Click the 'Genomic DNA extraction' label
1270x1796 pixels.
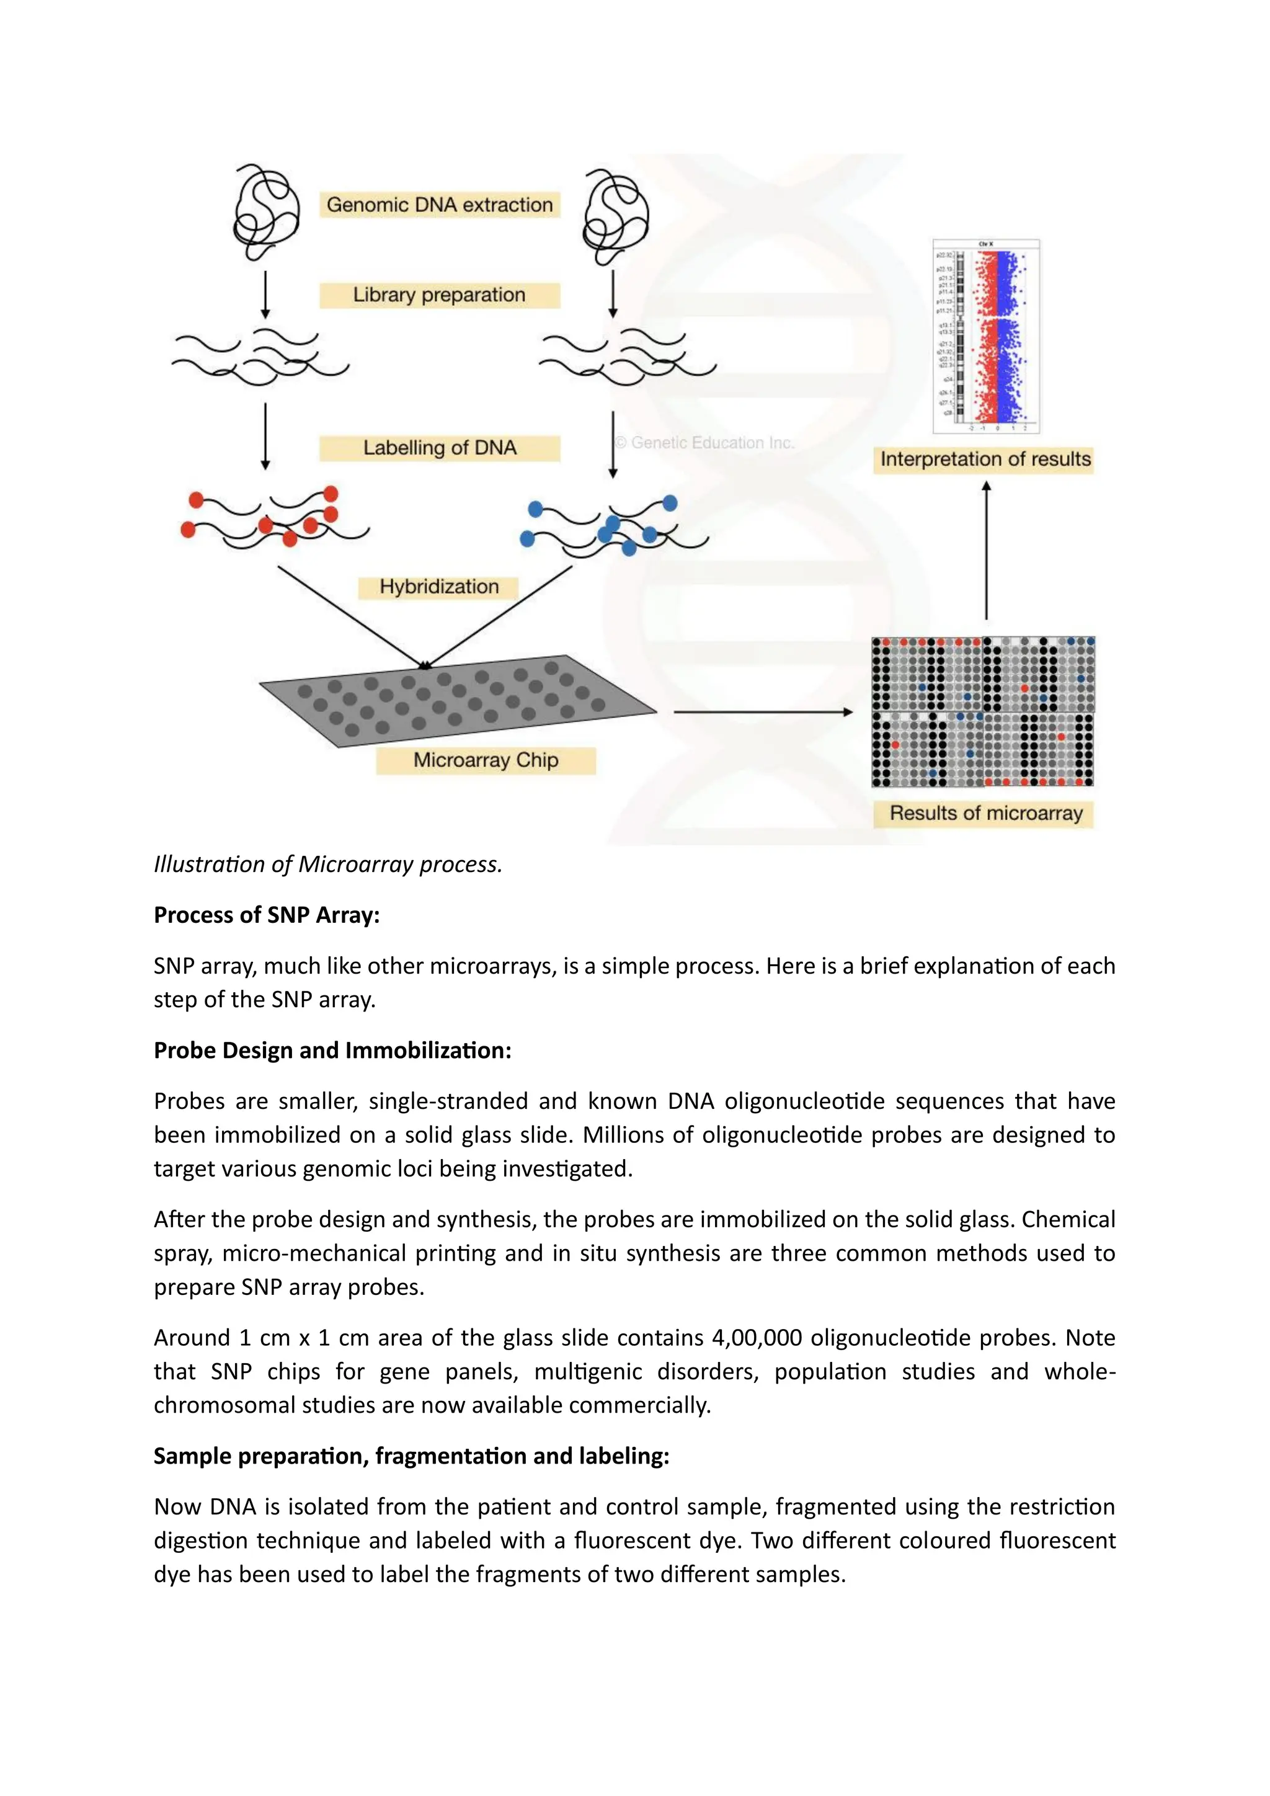440,205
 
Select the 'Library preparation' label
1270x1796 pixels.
440,295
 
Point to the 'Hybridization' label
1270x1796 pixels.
438,587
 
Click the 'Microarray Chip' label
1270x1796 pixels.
486,760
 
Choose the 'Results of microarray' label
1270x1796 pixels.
985,814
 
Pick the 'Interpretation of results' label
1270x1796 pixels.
985,459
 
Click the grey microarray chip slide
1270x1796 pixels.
458,700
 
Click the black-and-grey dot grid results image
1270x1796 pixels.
983,711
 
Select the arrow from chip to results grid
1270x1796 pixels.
763,712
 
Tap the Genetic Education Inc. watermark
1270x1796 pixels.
704,443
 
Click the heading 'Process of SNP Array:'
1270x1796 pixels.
267,915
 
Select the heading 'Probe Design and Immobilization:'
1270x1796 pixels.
332,1051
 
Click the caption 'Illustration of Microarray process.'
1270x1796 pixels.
327,865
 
